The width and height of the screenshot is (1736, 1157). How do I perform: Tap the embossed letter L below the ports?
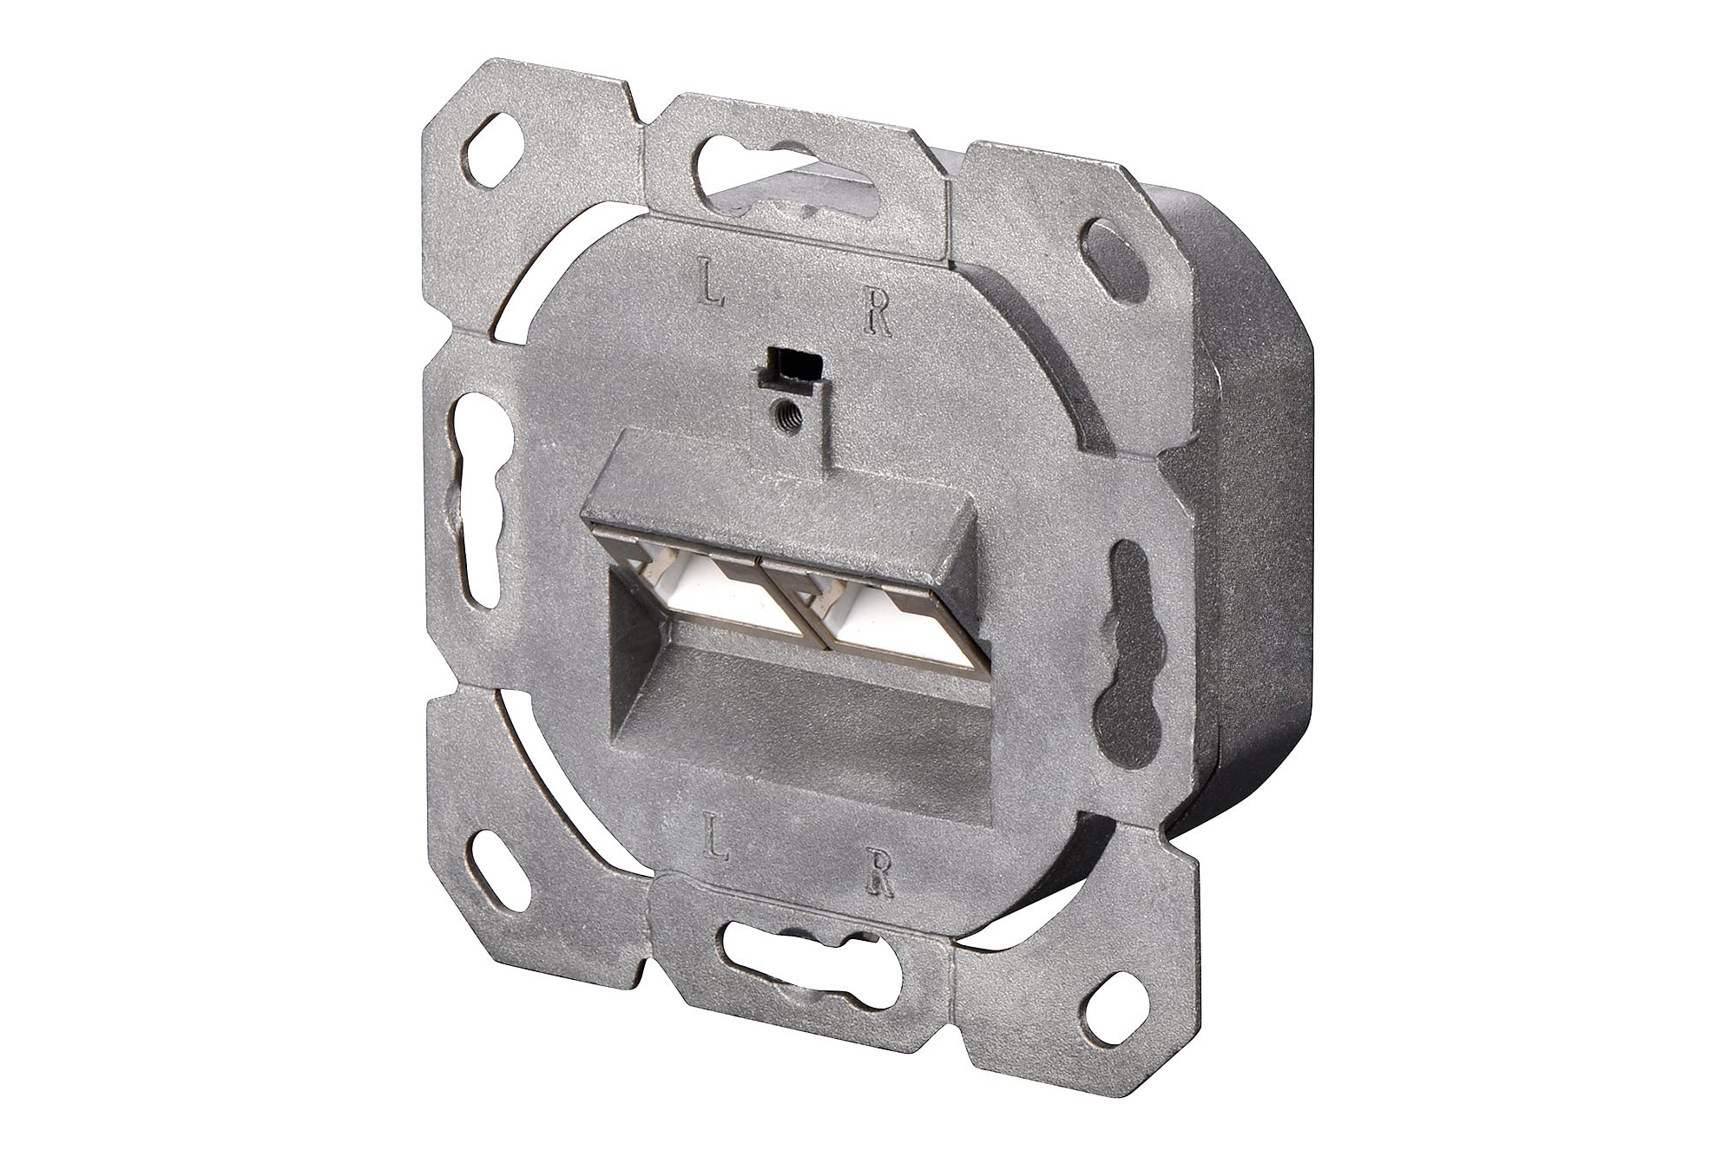716,838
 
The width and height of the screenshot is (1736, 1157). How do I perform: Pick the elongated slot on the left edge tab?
477,499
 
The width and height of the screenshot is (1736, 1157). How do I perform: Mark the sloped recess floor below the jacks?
807,720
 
